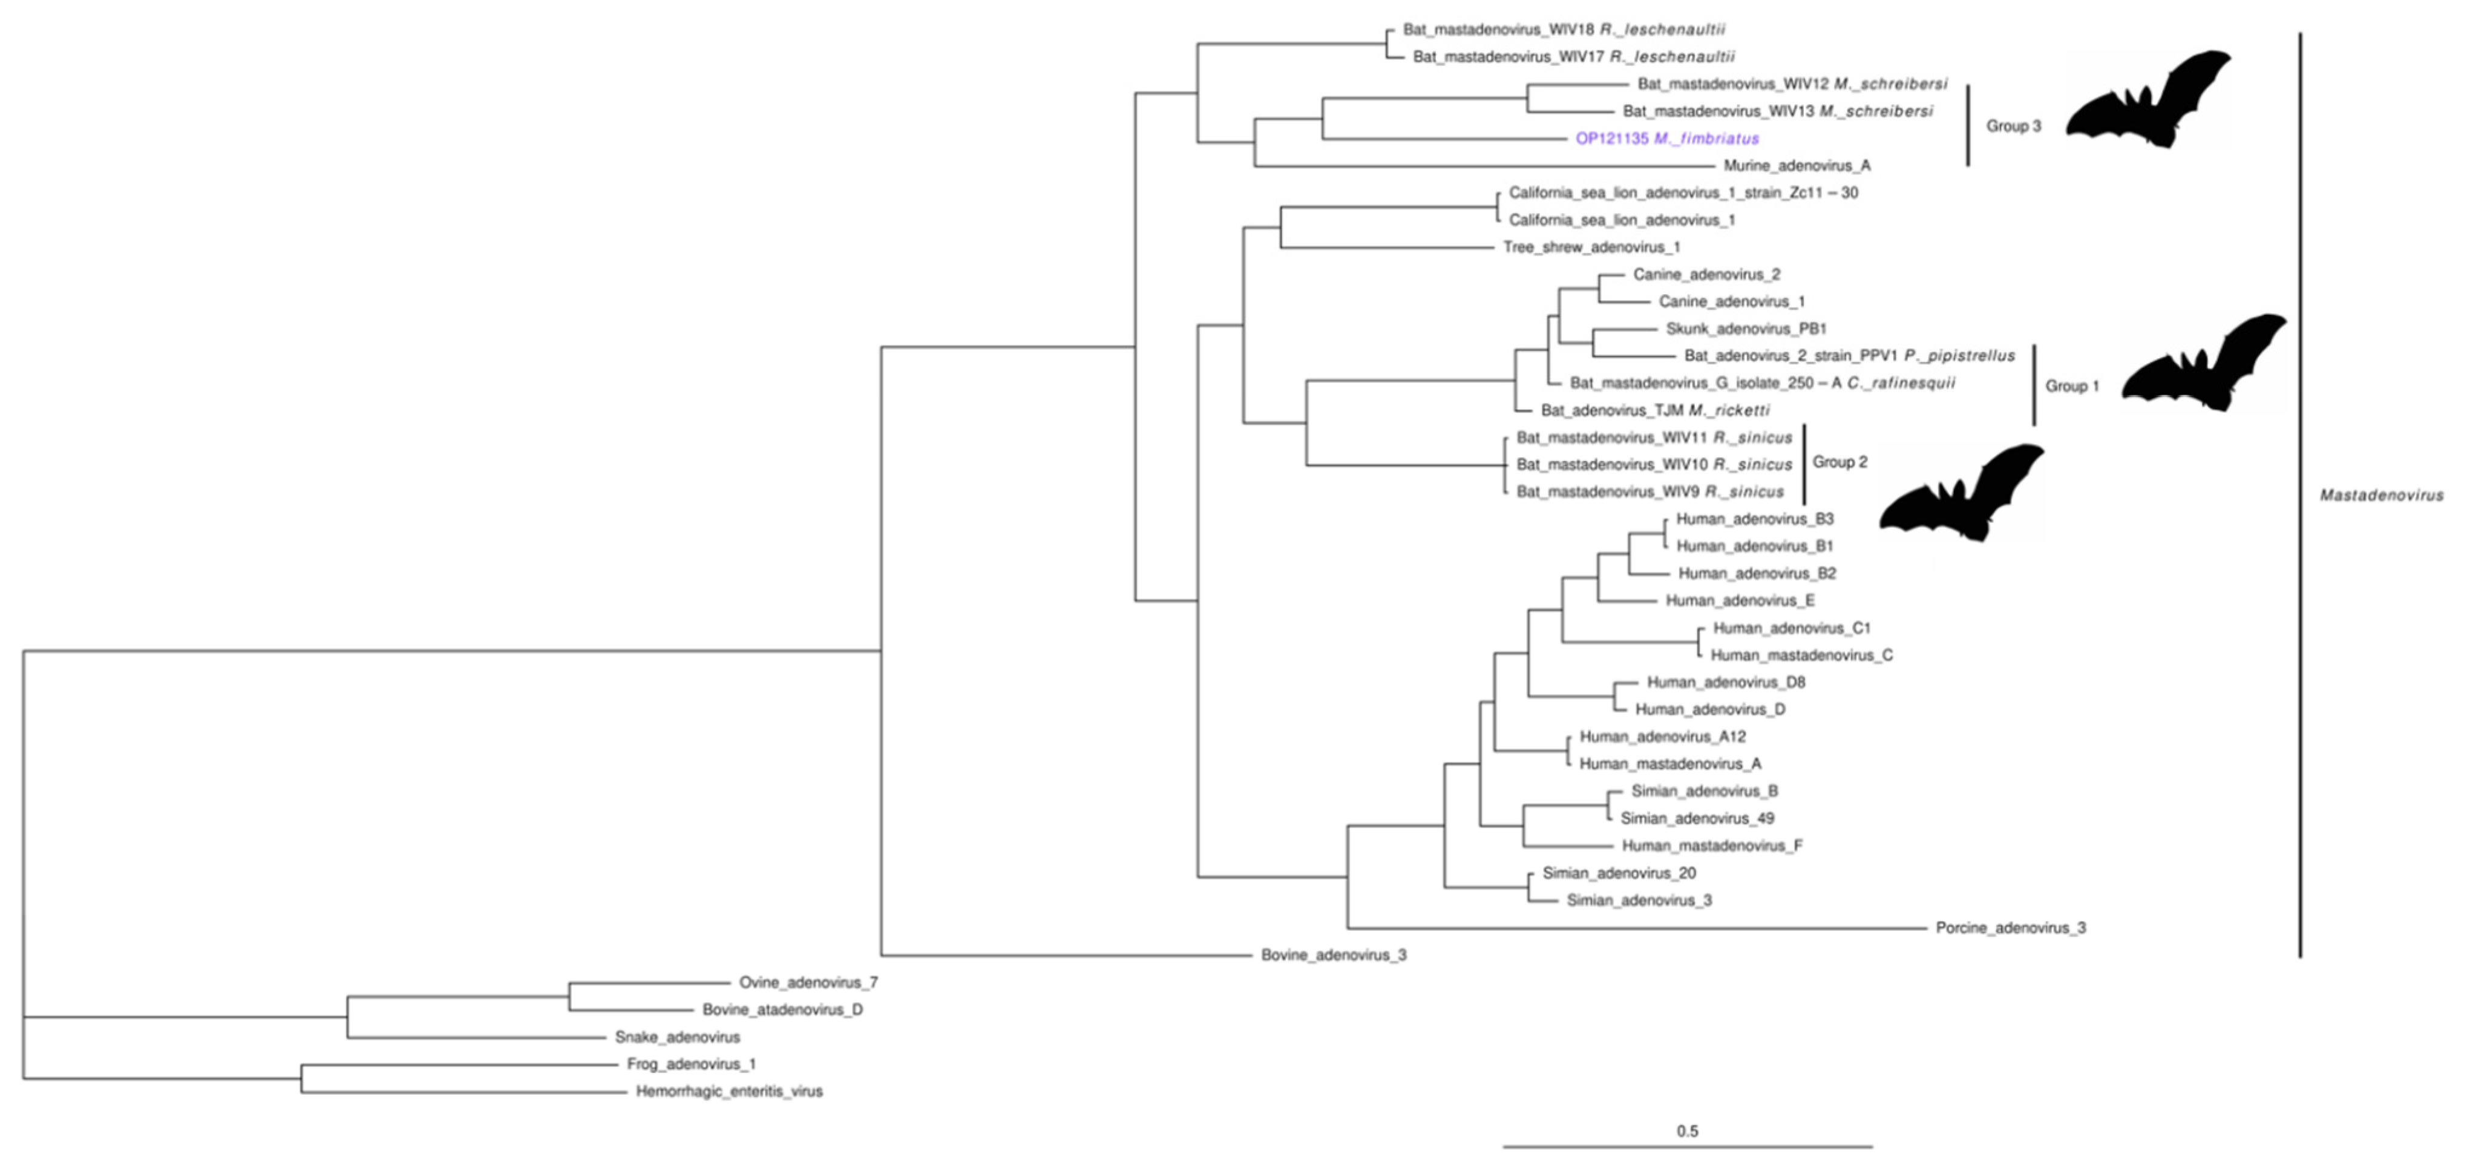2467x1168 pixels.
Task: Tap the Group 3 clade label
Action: (2013, 125)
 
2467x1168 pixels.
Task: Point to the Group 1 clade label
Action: (2071, 386)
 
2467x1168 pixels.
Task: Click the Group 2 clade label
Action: (1840, 462)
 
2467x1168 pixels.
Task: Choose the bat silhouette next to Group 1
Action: (2203, 364)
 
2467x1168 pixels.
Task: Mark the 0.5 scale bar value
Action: (1686, 1130)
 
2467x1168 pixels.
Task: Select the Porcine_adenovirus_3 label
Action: (2010, 928)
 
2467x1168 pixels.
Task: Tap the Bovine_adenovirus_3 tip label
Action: (1333, 956)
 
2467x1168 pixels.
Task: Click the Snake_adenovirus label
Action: (677, 1037)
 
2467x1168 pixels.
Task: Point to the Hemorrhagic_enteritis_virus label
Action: (729, 1091)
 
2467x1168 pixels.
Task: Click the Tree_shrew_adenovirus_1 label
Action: (1591, 247)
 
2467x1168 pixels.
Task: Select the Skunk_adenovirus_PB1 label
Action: (1746, 329)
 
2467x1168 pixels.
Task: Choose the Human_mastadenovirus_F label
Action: (1711, 846)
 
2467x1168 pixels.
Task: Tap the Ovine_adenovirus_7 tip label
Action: (807, 982)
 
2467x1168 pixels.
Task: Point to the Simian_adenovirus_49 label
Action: (1696, 818)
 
